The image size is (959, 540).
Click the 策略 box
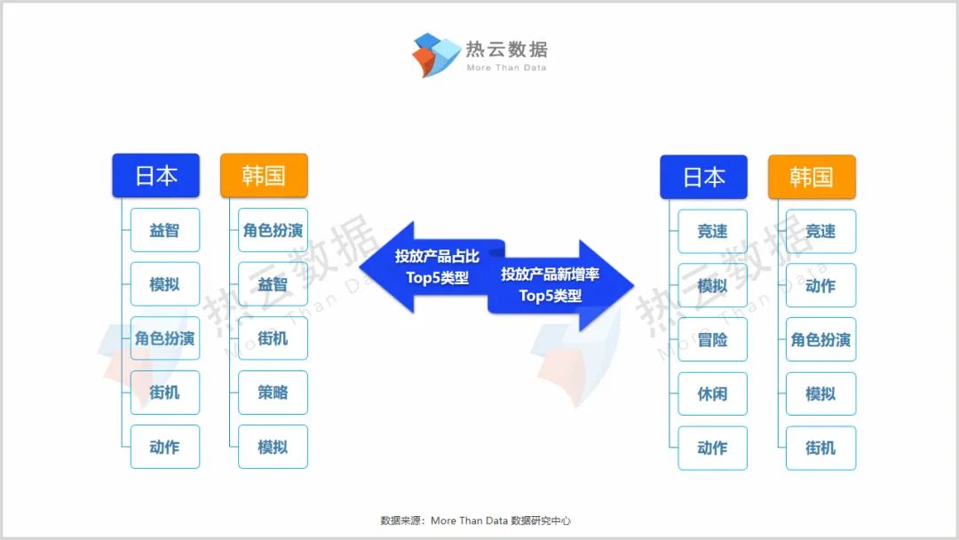[x=273, y=393]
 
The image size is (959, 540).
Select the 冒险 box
[x=712, y=339]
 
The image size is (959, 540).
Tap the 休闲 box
[x=712, y=393]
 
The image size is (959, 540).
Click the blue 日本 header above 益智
[x=156, y=175]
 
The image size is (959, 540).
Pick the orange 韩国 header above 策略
[x=264, y=175]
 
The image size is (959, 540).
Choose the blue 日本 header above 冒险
[x=703, y=177]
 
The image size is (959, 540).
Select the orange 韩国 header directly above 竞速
[x=812, y=177]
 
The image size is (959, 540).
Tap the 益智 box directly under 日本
[x=165, y=230]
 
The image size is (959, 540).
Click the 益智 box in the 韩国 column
[x=273, y=284]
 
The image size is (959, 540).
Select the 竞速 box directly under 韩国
[x=820, y=231]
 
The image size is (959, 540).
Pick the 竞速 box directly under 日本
[x=712, y=231]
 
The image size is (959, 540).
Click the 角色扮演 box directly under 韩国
[x=273, y=230]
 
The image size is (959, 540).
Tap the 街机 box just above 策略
[x=273, y=338]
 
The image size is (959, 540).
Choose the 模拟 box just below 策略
[x=273, y=447]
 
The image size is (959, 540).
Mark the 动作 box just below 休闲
[x=712, y=448]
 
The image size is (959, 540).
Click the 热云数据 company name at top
[x=507, y=49]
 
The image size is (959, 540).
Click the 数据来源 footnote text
[x=480, y=520]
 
